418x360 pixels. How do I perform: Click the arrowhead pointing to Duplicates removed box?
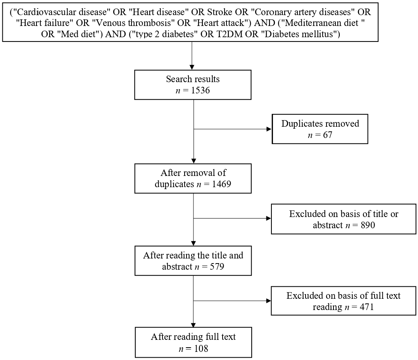coord(269,129)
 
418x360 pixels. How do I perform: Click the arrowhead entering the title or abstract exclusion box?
coord(268,219)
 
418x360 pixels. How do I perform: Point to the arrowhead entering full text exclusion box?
coord(268,300)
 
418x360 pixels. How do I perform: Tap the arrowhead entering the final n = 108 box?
coord(193,324)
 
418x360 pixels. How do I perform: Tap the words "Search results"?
coord(193,79)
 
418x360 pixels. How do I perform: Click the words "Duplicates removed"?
coord(320,124)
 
